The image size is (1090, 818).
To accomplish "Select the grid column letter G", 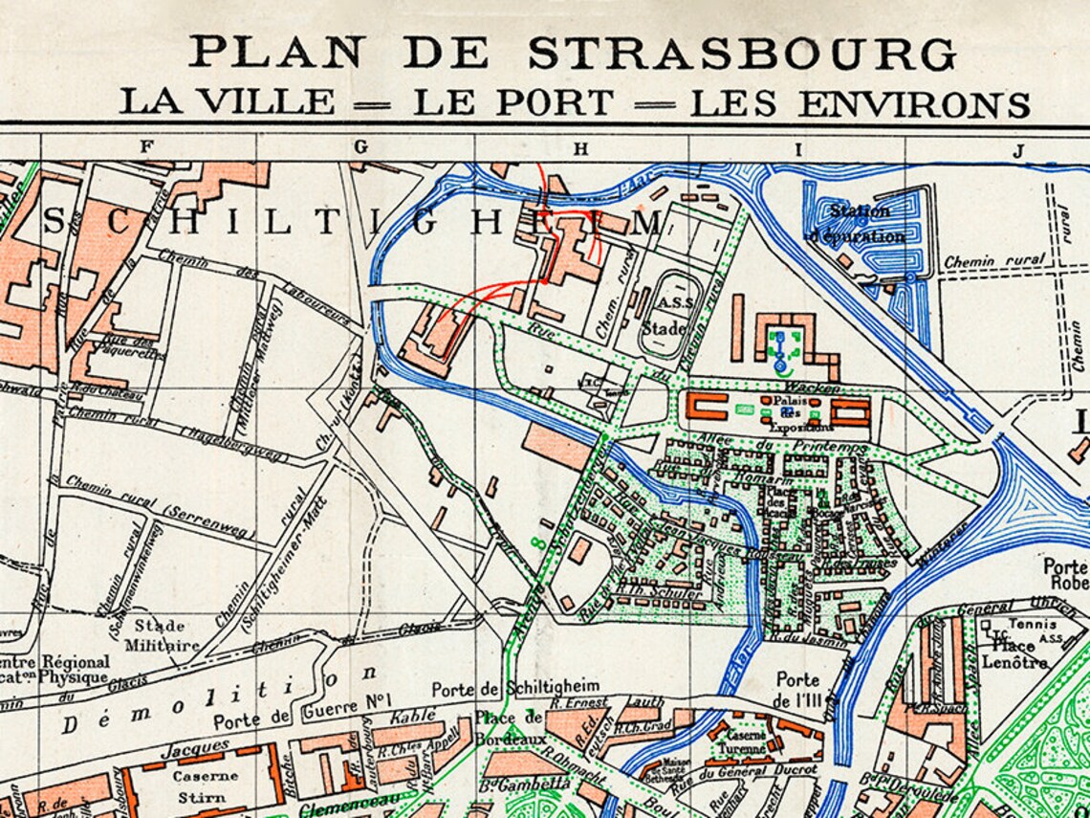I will (x=360, y=147).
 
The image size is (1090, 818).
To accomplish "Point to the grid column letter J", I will (x=1019, y=149).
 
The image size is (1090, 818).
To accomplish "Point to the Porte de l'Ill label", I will (x=798, y=687).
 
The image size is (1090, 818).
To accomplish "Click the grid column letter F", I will (x=146, y=147).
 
